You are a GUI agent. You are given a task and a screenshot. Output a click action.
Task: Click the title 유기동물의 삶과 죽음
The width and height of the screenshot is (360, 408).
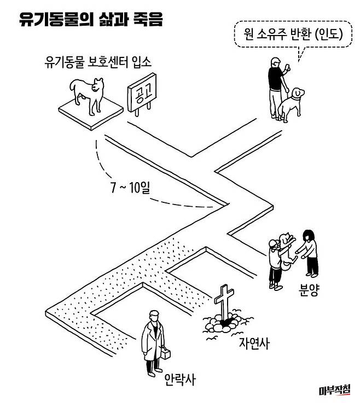90,20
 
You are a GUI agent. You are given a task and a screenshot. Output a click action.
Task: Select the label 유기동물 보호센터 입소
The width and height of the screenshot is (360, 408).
98,61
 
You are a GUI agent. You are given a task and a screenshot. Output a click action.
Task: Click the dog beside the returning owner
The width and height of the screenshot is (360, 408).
292,104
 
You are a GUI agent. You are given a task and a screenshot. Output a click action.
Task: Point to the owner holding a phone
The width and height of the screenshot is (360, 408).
276,88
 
